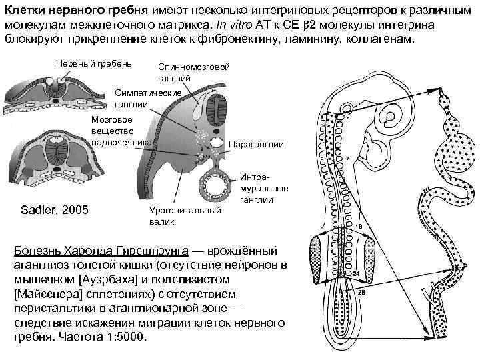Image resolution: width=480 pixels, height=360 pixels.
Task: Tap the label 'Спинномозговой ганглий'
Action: (x=194, y=73)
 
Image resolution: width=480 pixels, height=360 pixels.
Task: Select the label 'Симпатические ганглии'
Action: (x=148, y=97)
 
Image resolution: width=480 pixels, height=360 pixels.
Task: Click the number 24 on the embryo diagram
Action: (x=357, y=273)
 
